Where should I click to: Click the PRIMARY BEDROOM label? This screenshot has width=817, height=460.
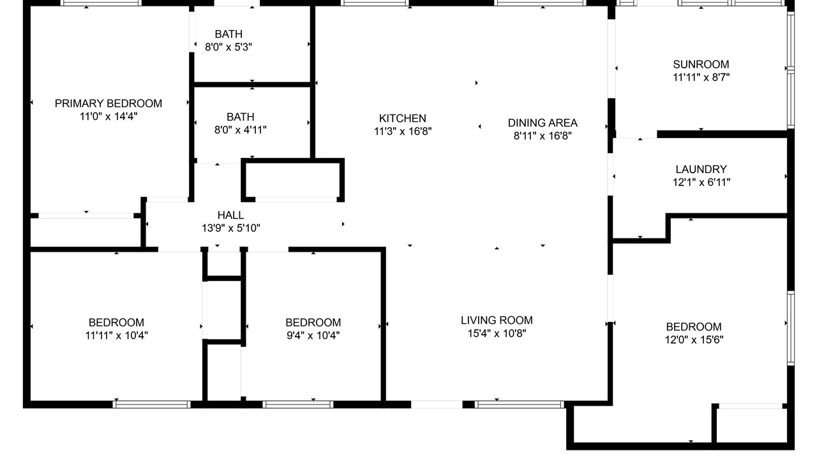109,103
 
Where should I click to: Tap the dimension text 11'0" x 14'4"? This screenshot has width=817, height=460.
109,116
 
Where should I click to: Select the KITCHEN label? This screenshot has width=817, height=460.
402,118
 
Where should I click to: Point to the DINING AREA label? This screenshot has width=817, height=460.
543,123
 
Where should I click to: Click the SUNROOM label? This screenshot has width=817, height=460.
701,65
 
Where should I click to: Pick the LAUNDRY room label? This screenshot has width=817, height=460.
701,169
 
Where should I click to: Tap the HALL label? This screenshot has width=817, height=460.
230,215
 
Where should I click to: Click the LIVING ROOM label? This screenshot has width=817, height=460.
497,320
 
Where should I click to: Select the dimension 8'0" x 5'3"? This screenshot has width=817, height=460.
229,47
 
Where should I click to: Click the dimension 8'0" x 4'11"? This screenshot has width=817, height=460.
241,130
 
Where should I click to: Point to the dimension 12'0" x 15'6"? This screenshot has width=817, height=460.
694,339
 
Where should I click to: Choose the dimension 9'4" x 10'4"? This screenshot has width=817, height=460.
313,335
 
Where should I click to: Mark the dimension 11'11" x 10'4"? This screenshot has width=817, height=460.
116,335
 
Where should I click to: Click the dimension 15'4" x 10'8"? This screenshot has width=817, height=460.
497,333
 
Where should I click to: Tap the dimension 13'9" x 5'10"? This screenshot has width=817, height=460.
230,228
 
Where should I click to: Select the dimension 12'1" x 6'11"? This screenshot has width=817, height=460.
701,182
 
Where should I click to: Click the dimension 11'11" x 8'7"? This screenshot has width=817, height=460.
701,77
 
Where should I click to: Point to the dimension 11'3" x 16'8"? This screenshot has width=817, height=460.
402,131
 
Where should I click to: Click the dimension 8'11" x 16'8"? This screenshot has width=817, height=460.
543,136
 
